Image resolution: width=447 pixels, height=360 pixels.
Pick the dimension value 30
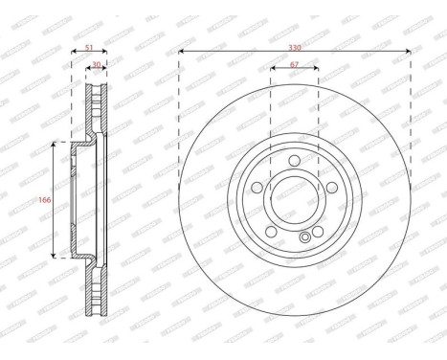(x=97, y=66)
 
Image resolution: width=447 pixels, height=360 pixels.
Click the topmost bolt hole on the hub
(x=295, y=159)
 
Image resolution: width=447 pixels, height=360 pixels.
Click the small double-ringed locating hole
(x=305, y=238)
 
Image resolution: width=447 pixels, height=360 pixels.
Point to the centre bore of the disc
(x=295, y=199)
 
